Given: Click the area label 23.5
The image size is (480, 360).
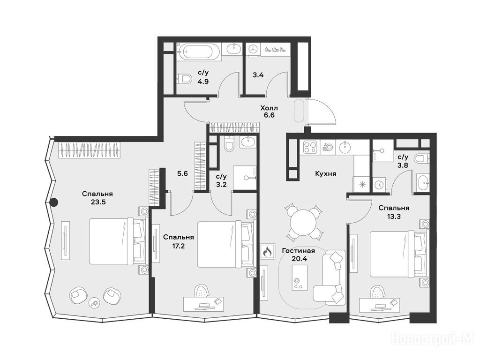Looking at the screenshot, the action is (x=98, y=202).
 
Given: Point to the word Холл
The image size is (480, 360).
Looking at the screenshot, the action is (x=269, y=108).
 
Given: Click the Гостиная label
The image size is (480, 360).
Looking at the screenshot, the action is (x=299, y=251).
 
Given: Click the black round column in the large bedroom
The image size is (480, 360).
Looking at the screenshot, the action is (x=54, y=202).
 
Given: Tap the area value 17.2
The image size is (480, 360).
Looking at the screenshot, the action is (x=178, y=245).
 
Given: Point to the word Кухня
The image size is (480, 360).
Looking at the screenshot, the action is (x=326, y=173).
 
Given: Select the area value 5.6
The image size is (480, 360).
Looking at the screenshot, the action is (x=182, y=173).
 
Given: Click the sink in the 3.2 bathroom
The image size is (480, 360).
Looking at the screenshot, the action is (x=247, y=142).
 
